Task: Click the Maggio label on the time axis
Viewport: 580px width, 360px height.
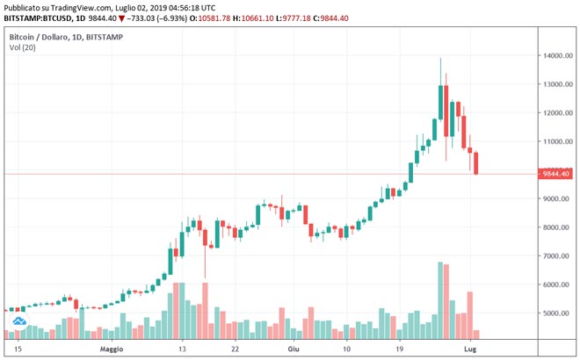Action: (x=112, y=349)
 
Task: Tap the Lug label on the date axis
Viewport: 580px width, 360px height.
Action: (x=471, y=349)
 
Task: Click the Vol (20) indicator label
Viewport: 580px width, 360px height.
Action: (x=23, y=50)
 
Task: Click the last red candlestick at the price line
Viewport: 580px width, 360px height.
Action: (x=476, y=162)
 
